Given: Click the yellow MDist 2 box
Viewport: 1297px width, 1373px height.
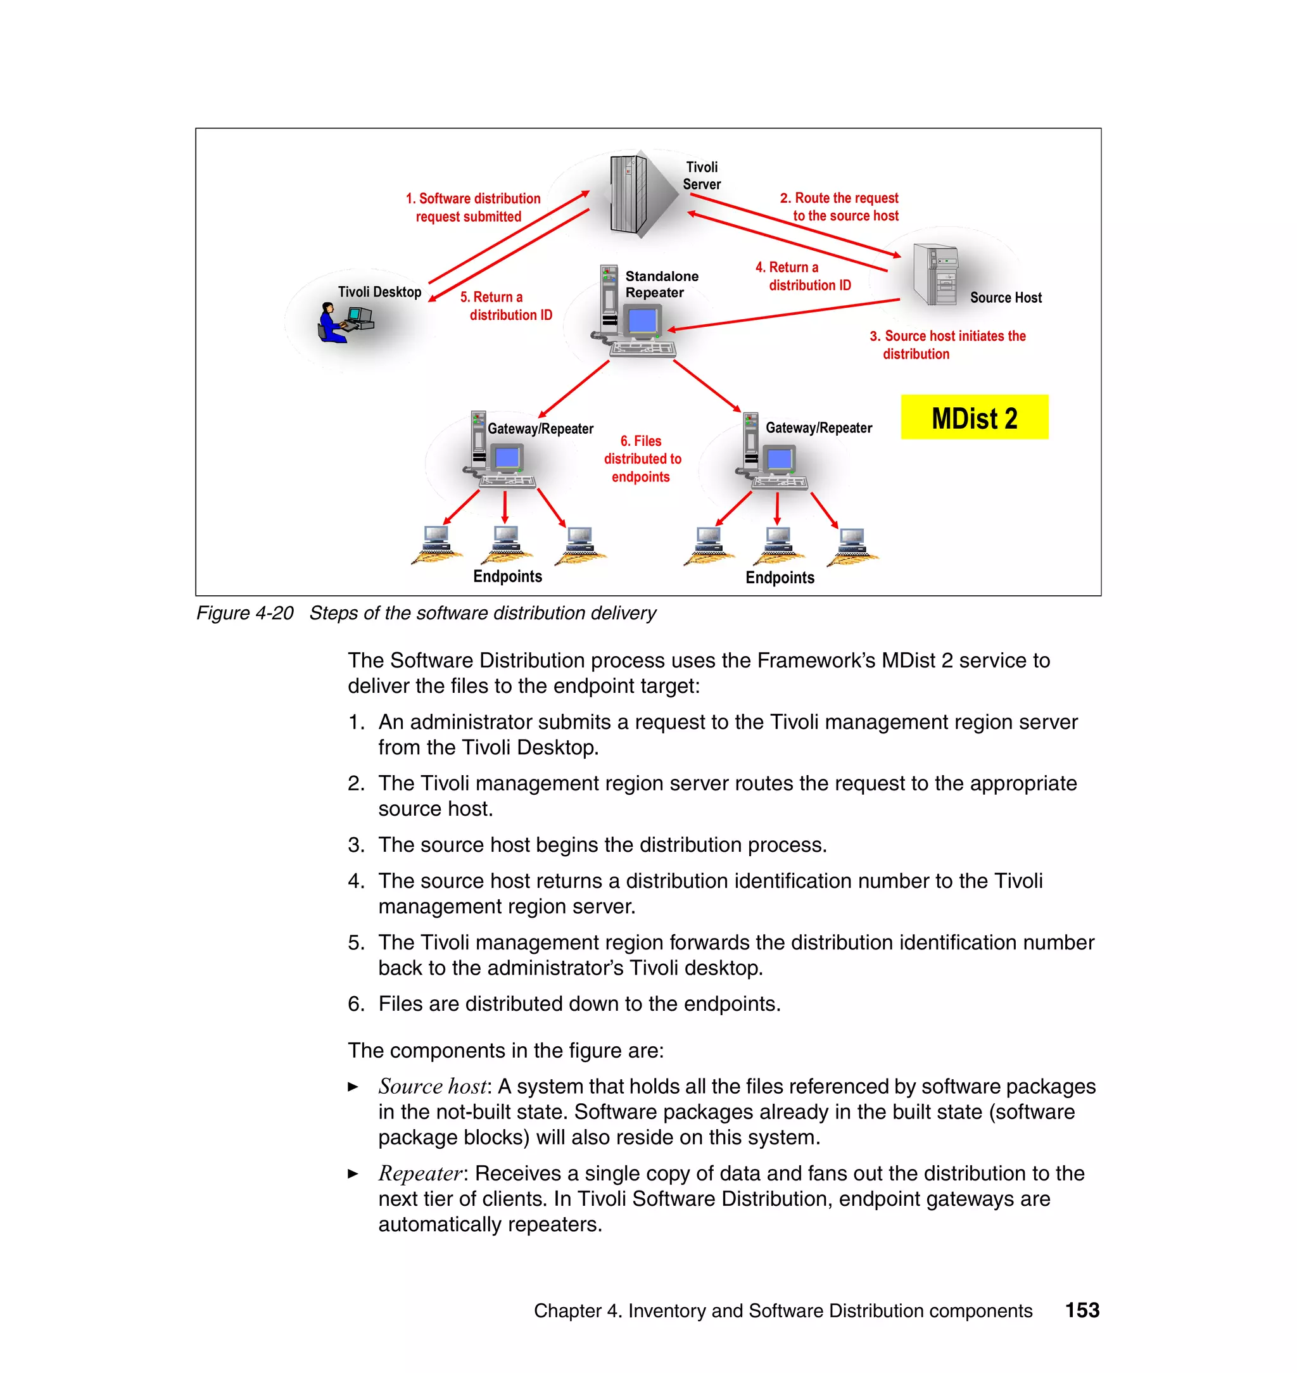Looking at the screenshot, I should tap(973, 417).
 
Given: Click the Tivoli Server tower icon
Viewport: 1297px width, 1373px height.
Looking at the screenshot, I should tap(628, 194).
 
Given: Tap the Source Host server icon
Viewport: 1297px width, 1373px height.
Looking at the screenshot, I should tap(935, 274).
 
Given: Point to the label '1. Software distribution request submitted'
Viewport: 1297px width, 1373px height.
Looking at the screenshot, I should tap(472, 207).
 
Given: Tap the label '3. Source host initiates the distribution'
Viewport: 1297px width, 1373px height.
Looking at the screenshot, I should tap(947, 345).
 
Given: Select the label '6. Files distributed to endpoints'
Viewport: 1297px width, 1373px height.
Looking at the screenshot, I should tap(642, 459).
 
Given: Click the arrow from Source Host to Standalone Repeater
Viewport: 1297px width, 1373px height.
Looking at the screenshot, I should tap(781, 315).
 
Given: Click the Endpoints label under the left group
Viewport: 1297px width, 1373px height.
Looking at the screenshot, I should tap(507, 576).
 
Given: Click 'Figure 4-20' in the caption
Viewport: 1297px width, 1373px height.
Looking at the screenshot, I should tap(244, 613).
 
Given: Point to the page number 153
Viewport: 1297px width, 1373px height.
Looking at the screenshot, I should tap(1081, 1310).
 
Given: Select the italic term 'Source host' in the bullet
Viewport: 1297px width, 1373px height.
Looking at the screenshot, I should tap(433, 1086).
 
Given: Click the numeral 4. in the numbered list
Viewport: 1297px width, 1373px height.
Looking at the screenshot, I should tap(355, 881).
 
